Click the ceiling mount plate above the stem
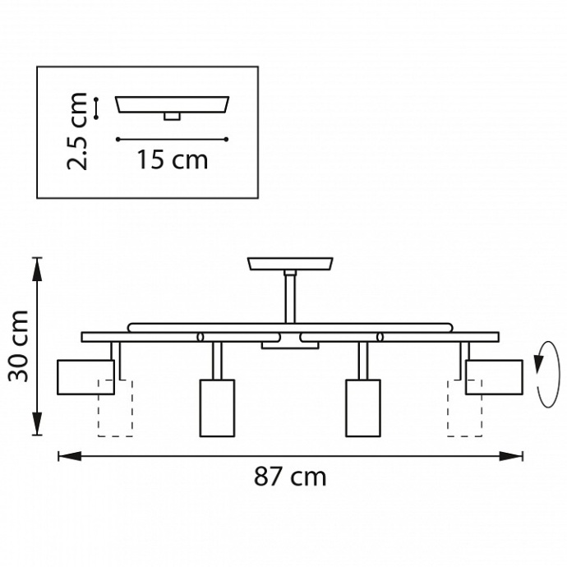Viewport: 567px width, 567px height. [x=290, y=264]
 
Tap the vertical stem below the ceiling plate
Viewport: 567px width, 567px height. [x=290, y=296]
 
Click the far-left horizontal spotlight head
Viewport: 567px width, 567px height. [x=85, y=376]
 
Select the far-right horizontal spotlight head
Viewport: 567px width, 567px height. [x=493, y=376]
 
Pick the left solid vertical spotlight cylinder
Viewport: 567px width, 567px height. [x=217, y=407]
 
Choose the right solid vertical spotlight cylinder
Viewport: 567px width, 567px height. [x=362, y=407]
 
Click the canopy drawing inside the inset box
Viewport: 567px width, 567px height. [x=172, y=104]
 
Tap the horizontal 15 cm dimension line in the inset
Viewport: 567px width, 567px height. [x=172, y=139]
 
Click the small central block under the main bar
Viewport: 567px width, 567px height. [x=290, y=346]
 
